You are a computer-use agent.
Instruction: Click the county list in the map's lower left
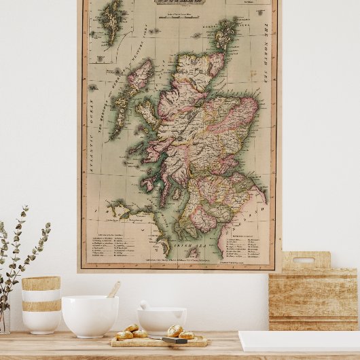tap(112, 244)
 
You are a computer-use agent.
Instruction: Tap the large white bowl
tap(90, 315)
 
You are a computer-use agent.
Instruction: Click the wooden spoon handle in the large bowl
tap(113, 290)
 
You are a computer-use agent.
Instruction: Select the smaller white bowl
tap(162, 320)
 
